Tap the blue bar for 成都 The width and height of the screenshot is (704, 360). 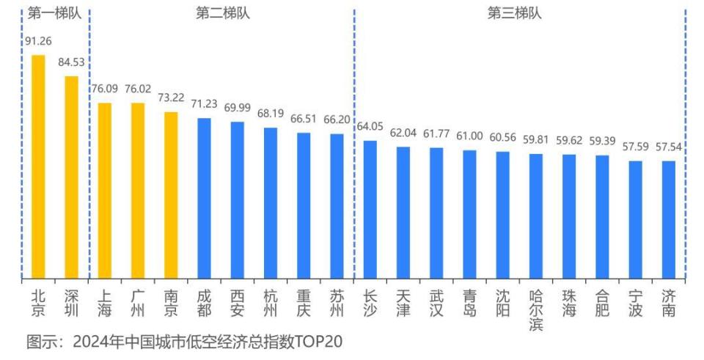tap(204, 198)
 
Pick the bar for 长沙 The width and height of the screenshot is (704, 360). tap(370, 210)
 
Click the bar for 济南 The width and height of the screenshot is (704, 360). tap(668, 220)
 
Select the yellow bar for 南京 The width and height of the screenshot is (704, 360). tap(171, 195)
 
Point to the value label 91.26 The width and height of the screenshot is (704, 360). tap(38, 41)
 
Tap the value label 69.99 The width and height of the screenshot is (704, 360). tap(237, 108)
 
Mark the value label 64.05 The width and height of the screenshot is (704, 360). tap(370, 127)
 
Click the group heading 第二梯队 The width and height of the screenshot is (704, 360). tap(223, 13)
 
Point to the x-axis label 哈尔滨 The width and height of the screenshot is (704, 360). tap(535, 310)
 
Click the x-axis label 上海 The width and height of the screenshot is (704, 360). tap(105, 304)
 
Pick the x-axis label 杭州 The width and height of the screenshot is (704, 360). tap(271, 304)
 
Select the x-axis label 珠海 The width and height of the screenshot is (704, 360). tap(568, 304)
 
